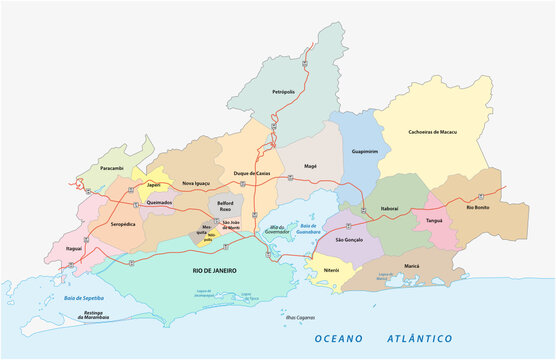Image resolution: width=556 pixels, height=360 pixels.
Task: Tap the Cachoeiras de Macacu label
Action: (x=432, y=131)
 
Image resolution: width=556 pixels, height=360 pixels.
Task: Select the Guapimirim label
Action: (x=365, y=151)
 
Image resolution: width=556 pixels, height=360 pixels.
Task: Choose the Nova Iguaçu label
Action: (x=197, y=183)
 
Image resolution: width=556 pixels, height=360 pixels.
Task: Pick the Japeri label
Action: (x=153, y=184)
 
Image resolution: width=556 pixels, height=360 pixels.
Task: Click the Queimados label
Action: (x=158, y=201)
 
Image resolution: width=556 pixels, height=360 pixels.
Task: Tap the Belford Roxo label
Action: (x=223, y=205)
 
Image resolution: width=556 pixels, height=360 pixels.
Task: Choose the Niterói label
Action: (x=330, y=269)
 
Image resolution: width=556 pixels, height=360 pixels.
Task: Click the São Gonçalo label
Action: (x=350, y=240)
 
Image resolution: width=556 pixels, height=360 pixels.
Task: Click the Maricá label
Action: (x=411, y=265)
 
